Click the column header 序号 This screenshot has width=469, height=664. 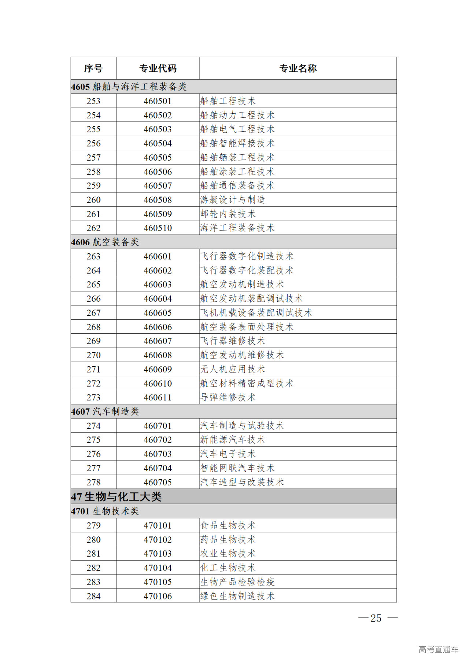(x=93, y=68)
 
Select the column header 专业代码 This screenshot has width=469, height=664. (x=158, y=68)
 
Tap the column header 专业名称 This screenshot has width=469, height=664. (x=298, y=68)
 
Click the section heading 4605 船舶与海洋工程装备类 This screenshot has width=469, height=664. (x=129, y=87)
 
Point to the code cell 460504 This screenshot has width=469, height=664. (x=158, y=143)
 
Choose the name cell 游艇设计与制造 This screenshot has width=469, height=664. (x=232, y=200)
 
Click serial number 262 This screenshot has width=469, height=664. (x=93, y=228)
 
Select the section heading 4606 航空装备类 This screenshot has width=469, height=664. (x=105, y=242)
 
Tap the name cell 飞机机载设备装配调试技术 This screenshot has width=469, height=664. (x=256, y=313)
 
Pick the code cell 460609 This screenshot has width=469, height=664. (x=158, y=369)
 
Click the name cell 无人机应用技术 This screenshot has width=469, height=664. (x=232, y=369)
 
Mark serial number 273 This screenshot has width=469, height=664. (x=93, y=397)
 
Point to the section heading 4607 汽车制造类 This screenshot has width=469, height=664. (x=105, y=412)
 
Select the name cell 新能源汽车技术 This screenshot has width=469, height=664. (x=232, y=440)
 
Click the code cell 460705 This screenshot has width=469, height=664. (x=158, y=482)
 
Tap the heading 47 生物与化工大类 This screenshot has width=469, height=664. (x=116, y=497)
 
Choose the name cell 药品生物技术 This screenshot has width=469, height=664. (x=228, y=540)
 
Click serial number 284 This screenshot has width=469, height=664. (x=93, y=596)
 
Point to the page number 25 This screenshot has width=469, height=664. (x=376, y=618)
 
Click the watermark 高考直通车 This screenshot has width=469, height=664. (x=438, y=650)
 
